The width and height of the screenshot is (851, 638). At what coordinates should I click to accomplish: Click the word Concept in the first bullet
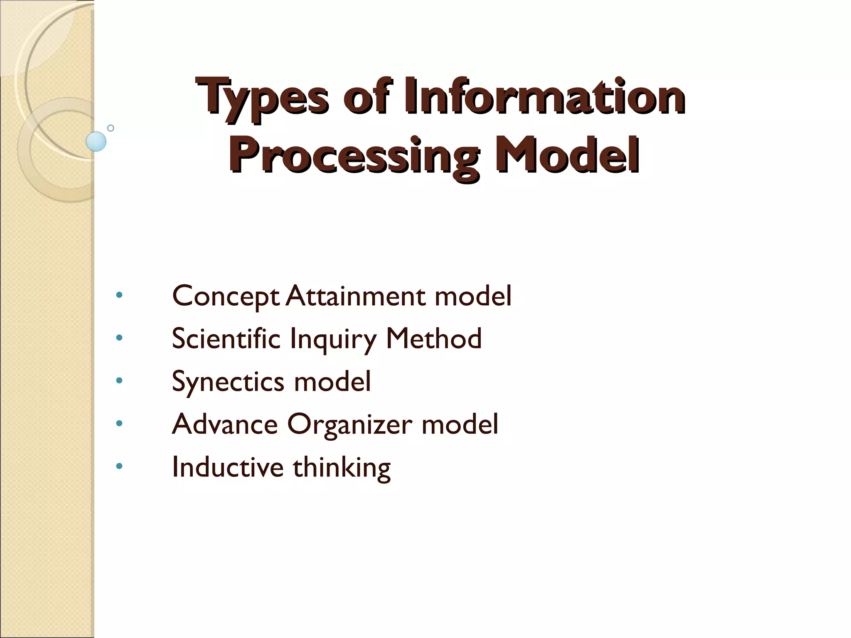tap(226, 297)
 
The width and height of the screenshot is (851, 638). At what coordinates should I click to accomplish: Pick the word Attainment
tap(356, 296)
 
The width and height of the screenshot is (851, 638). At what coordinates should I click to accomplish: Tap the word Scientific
tap(226, 339)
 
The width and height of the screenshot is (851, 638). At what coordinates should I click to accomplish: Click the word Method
tap(434, 339)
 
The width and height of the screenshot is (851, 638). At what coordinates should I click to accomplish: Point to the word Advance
tap(225, 424)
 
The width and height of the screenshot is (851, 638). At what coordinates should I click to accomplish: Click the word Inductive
tap(227, 467)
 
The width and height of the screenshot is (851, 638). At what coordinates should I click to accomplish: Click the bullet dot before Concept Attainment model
tap(119, 295)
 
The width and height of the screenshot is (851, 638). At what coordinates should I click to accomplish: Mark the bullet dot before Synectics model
tap(119, 380)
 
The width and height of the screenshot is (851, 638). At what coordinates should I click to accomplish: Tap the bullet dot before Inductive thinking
tap(119, 466)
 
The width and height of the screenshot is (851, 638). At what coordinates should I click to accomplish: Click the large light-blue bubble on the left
tap(96, 141)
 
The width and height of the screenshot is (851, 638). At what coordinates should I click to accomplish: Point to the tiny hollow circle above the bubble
tap(111, 128)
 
